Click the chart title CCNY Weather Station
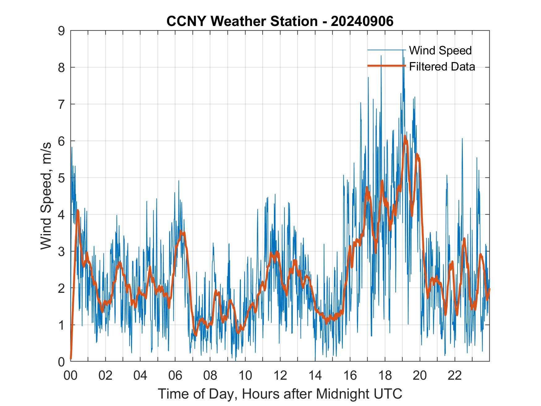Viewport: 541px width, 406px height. click(x=242, y=21)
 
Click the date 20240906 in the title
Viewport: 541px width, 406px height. click(x=362, y=21)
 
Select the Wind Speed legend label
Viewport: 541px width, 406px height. click(x=440, y=50)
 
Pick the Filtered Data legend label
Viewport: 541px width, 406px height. click(x=442, y=66)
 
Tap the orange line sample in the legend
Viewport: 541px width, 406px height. click(x=386, y=66)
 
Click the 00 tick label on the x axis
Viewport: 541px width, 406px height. click(x=70, y=376)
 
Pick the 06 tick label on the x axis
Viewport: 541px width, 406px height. click(x=175, y=376)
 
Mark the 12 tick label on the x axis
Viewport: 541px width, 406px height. click(x=280, y=376)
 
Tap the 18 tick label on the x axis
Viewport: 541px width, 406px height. click(x=385, y=376)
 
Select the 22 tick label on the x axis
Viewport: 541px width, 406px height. click(x=455, y=376)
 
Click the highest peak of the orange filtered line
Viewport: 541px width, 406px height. click(x=405, y=136)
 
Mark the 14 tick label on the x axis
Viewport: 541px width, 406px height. click(x=315, y=376)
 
